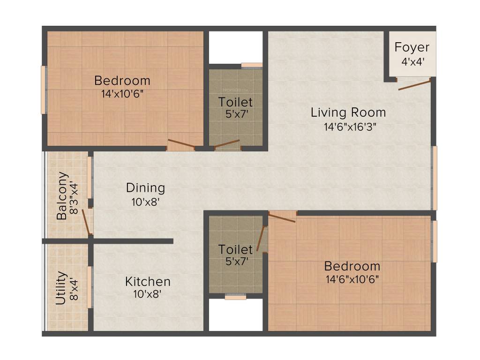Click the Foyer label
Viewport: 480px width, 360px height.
pyautogui.click(x=412, y=47)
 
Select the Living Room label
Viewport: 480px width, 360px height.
pyautogui.click(x=348, y=112)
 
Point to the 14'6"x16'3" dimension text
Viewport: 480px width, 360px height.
pyautogui.click(x=348, y=126)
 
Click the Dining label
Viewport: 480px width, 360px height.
pyautogui.click(x=145, y=188)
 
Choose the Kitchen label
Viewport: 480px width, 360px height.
pyautogui.click(x=148, y=282)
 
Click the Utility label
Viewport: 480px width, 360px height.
pyautogui.click(x=61, y=288)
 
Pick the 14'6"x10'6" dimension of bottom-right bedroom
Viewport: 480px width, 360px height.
pyautogui.click(x=352, y=279)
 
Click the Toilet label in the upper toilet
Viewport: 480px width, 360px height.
pyautogui.click(x=235, y=102)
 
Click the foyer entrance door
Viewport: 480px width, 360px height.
pyautogui.click(x=414, y=85)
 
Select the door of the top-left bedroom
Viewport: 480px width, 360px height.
pyautogui.click(x=181, y=145)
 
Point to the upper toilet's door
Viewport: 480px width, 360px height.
pyautogui.click(x=227, y=144)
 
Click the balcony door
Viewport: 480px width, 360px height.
pyautogui.click(x=86, y=221)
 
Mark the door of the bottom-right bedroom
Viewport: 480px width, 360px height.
pyautogui.click(x=282, y=217)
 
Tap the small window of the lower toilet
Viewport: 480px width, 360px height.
pyautogui.click(x=235, y=296)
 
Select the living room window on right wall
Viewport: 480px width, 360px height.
pyautogui.click(x=435, y=178)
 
